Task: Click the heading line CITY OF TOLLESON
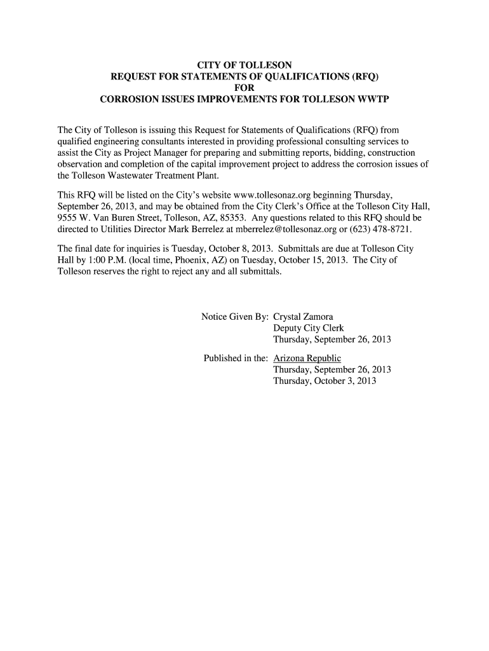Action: point(245,65)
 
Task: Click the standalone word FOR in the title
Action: point(245,88)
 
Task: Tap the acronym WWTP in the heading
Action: point(372,100)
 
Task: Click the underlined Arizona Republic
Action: point(307,359)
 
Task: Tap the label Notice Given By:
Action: point(235,317)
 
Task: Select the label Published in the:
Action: point(236,359)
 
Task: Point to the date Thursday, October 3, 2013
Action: point(325,381)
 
